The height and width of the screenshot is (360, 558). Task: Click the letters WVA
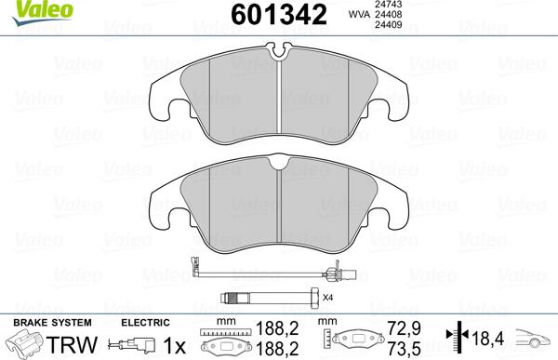tap(357, 16)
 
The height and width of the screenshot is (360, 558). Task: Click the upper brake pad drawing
tap(280, 99)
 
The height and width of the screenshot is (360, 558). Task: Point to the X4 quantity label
tap(326, 298)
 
